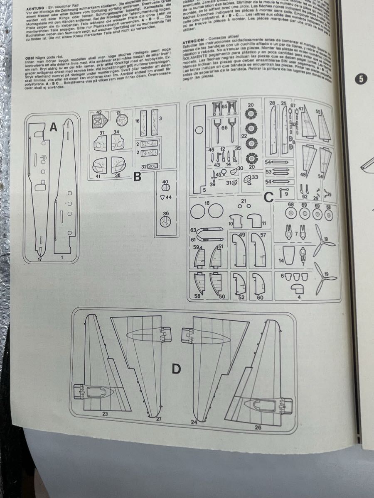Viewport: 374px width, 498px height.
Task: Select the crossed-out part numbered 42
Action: [99, 121]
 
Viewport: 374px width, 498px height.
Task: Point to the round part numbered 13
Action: [121, 120]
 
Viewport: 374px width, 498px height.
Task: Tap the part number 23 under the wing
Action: [105, 414]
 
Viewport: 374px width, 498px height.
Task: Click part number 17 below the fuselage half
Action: [39, 260]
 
